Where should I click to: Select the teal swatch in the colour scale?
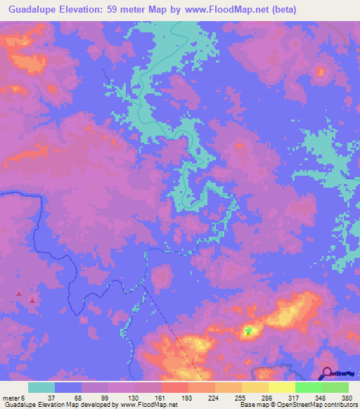pos(41,387)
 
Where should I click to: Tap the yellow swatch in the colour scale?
pos(282,387)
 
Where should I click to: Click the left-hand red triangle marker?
pos(19,292)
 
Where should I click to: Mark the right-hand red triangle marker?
pos(32,299)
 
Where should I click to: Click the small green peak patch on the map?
pos(247,330)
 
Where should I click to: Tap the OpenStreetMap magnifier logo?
pos(328,374)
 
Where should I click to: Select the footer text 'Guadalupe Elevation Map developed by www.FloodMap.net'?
pos(89,405)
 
